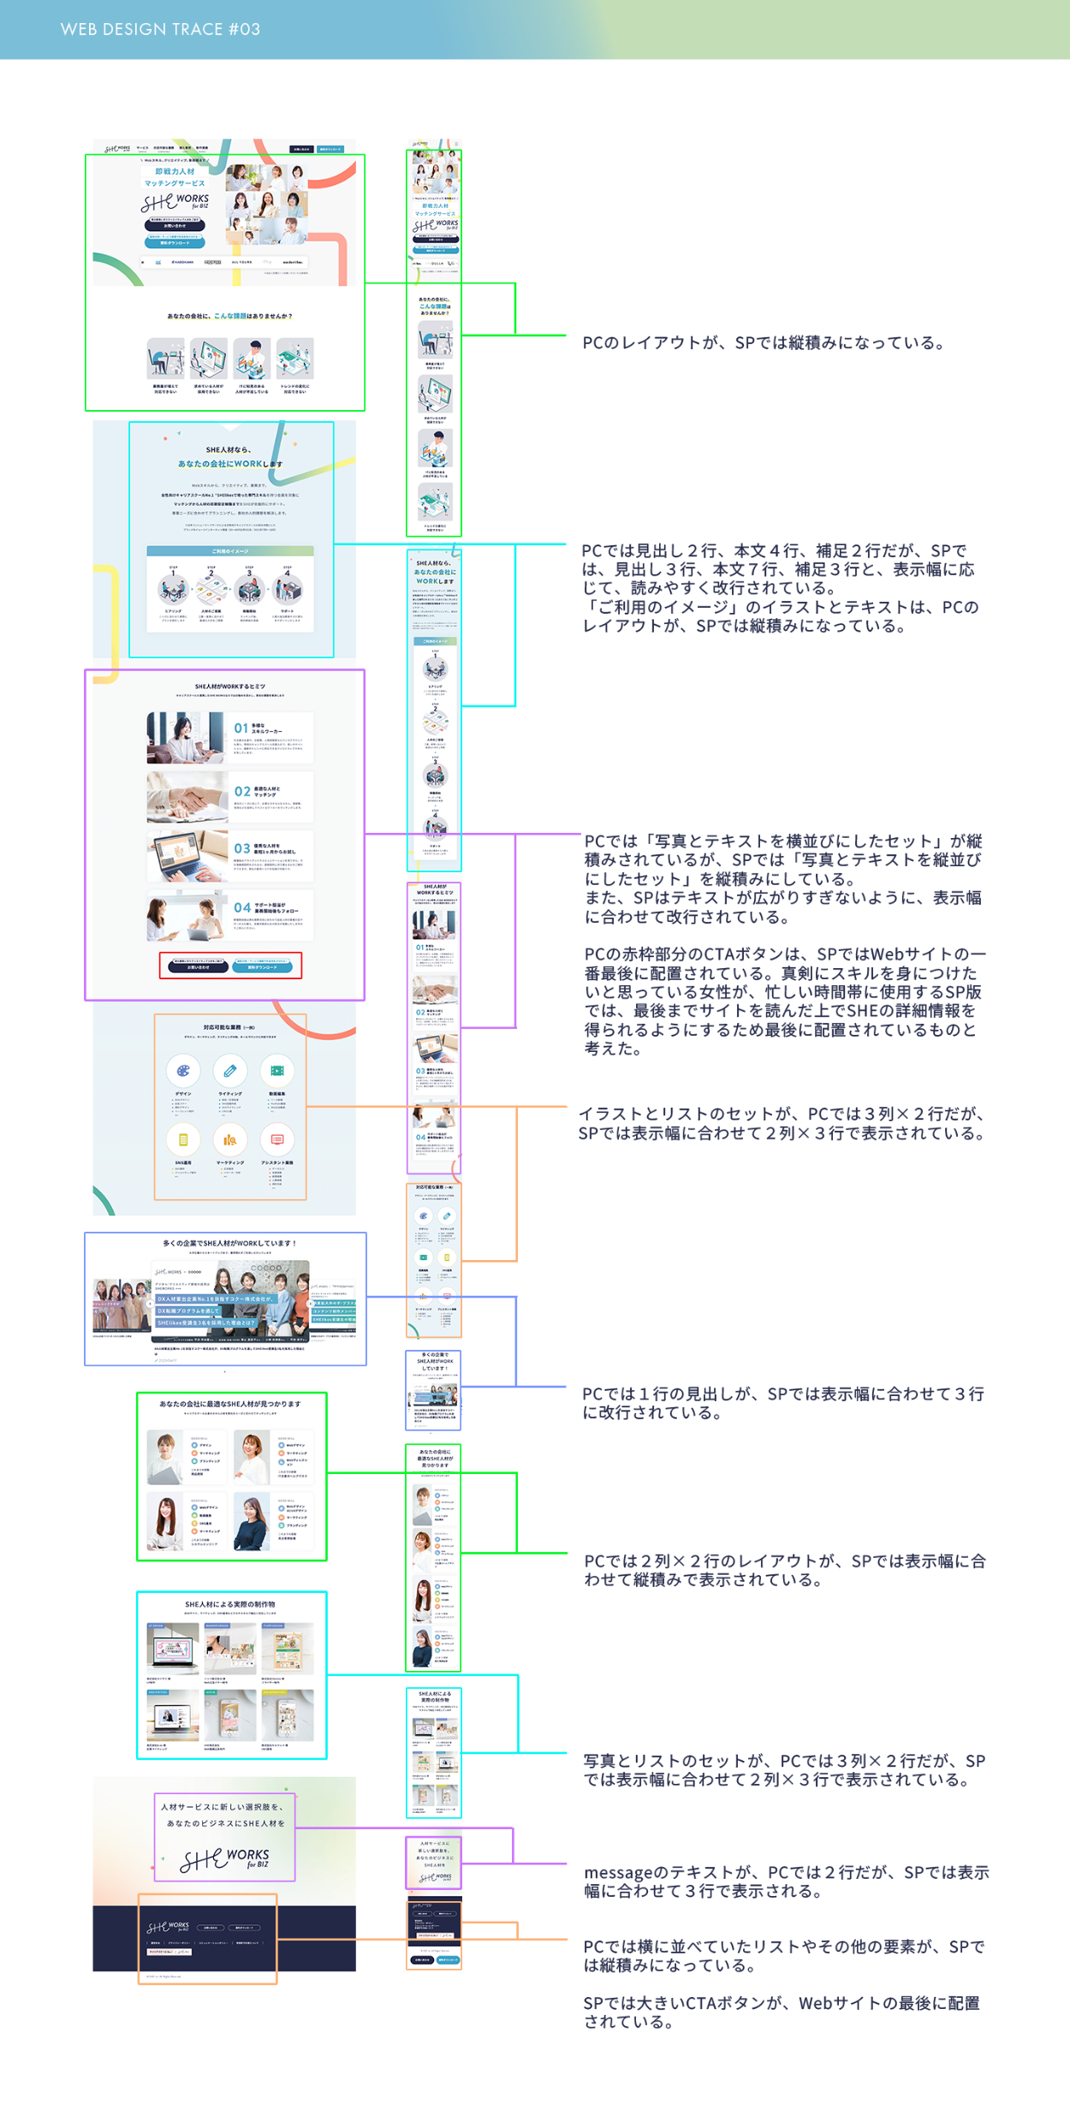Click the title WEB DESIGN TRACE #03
click(x=160, y=29)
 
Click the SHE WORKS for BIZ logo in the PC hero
click(x=175, y=203)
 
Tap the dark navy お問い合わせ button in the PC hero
click(x=175, y=226)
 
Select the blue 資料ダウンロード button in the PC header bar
click(x=330, y=149)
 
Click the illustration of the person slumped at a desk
click(x=165, y=359)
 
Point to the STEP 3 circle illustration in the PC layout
click(x=249, y=590)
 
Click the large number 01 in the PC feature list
click(x=241, y=728)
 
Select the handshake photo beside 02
click(x=187, y=796)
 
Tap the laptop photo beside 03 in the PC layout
click(x=187, y=854)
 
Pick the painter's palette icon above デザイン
click(x=183, y=1071)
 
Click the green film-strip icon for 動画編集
click(x=277, y=1071)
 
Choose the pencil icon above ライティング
click(x=230, y=1071)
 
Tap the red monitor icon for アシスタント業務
click(x=277, y=1139)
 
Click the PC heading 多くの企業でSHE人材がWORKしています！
click(x=229, y=1243)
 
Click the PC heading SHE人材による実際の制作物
click(x=230, y=1604)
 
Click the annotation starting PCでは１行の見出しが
click(x=782, y=1403)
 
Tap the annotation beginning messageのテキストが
click(x=786, y=1881)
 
